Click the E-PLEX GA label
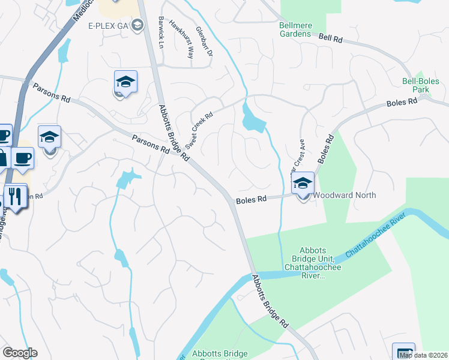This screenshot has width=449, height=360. click(109, 25)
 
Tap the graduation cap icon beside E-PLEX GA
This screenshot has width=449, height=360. click(137, 25)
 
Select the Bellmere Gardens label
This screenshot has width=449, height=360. click(295, 29)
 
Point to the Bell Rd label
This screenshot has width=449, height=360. click(330, 38)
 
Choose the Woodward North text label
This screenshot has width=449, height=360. click(345, 195)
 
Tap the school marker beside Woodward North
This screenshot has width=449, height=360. click(303, 184)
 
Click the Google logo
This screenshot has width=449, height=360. click(20, 353)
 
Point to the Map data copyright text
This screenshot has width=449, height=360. click(423, 355)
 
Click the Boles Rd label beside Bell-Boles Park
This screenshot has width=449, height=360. click(402, 103)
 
